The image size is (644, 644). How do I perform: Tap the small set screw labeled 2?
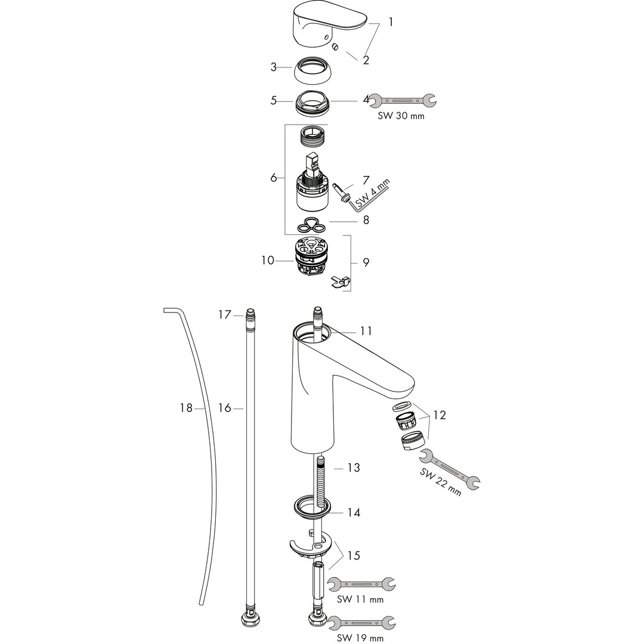(x=336, y=48)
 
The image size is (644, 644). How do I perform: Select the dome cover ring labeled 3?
(x=311, y=69)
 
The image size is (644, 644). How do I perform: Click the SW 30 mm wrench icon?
(x=403, y=100)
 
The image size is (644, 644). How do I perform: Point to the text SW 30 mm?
(x=401, y=116)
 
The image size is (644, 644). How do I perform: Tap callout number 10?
(x=268, y=261)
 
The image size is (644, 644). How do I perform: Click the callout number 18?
(x=187, y=408)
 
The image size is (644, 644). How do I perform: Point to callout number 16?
(x=225, y=408)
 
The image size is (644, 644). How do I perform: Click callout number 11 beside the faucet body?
(x=366, y=330)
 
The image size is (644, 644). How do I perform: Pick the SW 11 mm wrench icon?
(x=361, y=584)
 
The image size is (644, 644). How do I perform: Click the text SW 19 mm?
(x=360, y=637)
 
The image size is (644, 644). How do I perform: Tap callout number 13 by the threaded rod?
(x=354, y=467)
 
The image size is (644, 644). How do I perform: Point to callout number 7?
(x=366, y=180)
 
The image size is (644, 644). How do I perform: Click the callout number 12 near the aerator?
(x=439, y=415)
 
